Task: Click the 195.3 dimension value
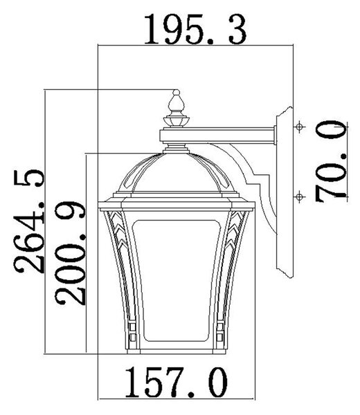pyautogui.click(x=195, y=29)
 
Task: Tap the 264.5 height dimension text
pyautogui.click(x=29, y=221)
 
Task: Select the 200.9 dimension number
pyautogui.click(x=71, y=253)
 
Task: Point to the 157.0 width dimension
pyautogui.click(x=176, y=382)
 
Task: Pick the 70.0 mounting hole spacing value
pyautogui.click(x=331, y=161)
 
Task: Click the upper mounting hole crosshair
pyautogui.click(x=299, y=127)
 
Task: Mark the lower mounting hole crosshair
pyautogui.click(x=299, y=197)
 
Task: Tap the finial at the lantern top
pyautogui.click(x=176, y=109)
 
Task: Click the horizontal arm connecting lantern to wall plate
pyautogui.click(x=218, y=136)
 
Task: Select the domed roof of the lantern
pyautogui.click(x=176, y=174)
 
